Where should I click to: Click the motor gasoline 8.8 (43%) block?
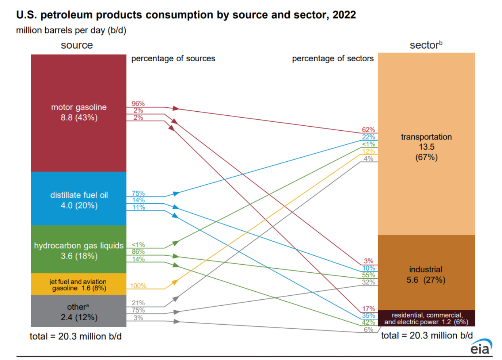tap(79, 113)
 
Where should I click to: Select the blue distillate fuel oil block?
tap(79, 199)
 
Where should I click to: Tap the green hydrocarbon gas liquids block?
tap(79, 250)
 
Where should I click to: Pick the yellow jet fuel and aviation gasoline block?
tap(79, 284)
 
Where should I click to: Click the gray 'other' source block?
tap(79, 311)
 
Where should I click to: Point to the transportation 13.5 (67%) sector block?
tap(426, 146)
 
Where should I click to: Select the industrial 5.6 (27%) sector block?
tap(426, 274)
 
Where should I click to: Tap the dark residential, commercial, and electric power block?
tap(426, 318)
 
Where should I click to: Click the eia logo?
tap(480, 347)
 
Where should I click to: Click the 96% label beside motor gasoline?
tap(138, 104)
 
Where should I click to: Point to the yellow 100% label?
tap(138, 286)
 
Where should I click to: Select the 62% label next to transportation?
tap(368, 130)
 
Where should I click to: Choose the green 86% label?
tap(138, 252)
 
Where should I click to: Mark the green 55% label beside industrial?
tap(368, 275)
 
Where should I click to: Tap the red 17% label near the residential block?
tap(368, 309)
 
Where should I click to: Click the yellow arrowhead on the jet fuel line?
tap(175, 282)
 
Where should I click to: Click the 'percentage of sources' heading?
tap(173, 58)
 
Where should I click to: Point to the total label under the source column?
tap(76, 336)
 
